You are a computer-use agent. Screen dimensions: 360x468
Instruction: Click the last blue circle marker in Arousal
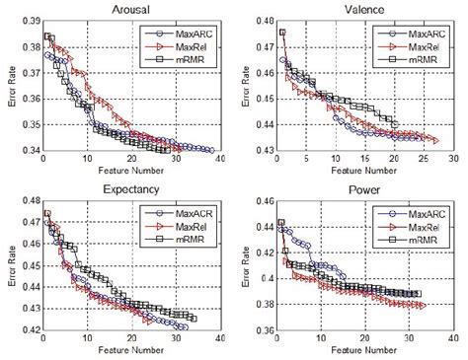[x=211, y=150]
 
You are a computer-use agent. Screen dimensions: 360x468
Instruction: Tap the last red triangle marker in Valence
[x=434, y=140]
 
